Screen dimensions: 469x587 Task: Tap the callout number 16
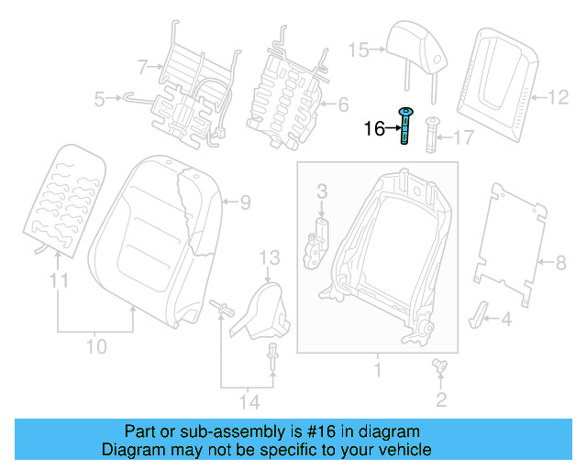tap(374, 129)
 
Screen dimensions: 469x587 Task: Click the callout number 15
tap(358, 49)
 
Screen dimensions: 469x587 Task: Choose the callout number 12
tap(558, 94)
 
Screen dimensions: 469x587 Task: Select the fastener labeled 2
tap(438, 366)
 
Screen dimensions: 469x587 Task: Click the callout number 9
tap(245, 201)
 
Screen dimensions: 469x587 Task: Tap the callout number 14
tap(248, 401)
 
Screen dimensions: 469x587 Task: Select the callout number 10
tap(96, 347)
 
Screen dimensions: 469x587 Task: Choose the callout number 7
tap(142, 66)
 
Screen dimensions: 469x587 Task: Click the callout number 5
tap(101, 95)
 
